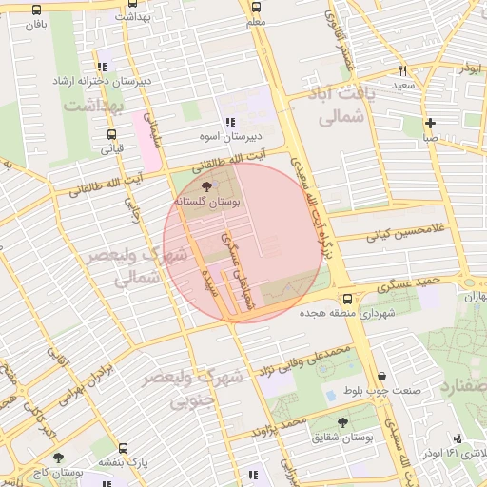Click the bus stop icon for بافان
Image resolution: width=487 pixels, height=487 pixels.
tap(36, 10)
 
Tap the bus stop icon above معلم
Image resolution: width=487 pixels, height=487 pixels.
tap(255, 7)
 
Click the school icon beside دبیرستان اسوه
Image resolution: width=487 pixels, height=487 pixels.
tap(230, 122)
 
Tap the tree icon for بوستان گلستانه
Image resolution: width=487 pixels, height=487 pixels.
tap(208, 187)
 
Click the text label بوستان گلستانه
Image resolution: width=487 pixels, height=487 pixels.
tap(207, 203)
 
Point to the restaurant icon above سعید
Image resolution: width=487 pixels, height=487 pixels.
tap(403, 70)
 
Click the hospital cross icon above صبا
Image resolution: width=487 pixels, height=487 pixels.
tap(430, 122)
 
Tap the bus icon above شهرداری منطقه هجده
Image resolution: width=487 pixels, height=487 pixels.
tap(346, 299)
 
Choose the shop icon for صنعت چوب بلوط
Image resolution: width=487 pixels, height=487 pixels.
tap(381, 377)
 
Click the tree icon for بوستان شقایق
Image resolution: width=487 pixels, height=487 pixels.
tap(342, 422)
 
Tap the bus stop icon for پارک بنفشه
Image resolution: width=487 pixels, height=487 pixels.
tap(123, 447)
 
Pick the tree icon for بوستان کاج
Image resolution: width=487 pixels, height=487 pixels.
tap(58, 458)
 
